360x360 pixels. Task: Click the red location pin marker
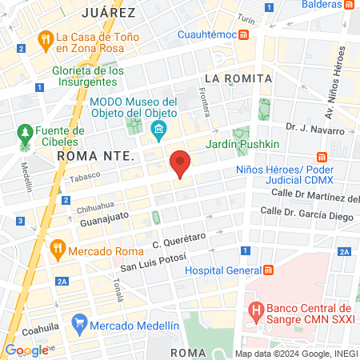[181, 162]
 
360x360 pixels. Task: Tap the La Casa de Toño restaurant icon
[44, 37]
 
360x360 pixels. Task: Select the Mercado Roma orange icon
[56, 249]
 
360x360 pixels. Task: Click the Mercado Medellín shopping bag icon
[78, 325]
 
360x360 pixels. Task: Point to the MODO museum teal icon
[159, 130]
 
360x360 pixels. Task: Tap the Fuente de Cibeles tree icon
[26, 131]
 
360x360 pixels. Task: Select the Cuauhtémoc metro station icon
[243, 34]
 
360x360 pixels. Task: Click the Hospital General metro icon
[269, 270]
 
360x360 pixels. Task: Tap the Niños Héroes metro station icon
[323, 156]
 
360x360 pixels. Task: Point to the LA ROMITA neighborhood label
[238, 78]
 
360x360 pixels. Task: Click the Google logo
[26, 350]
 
